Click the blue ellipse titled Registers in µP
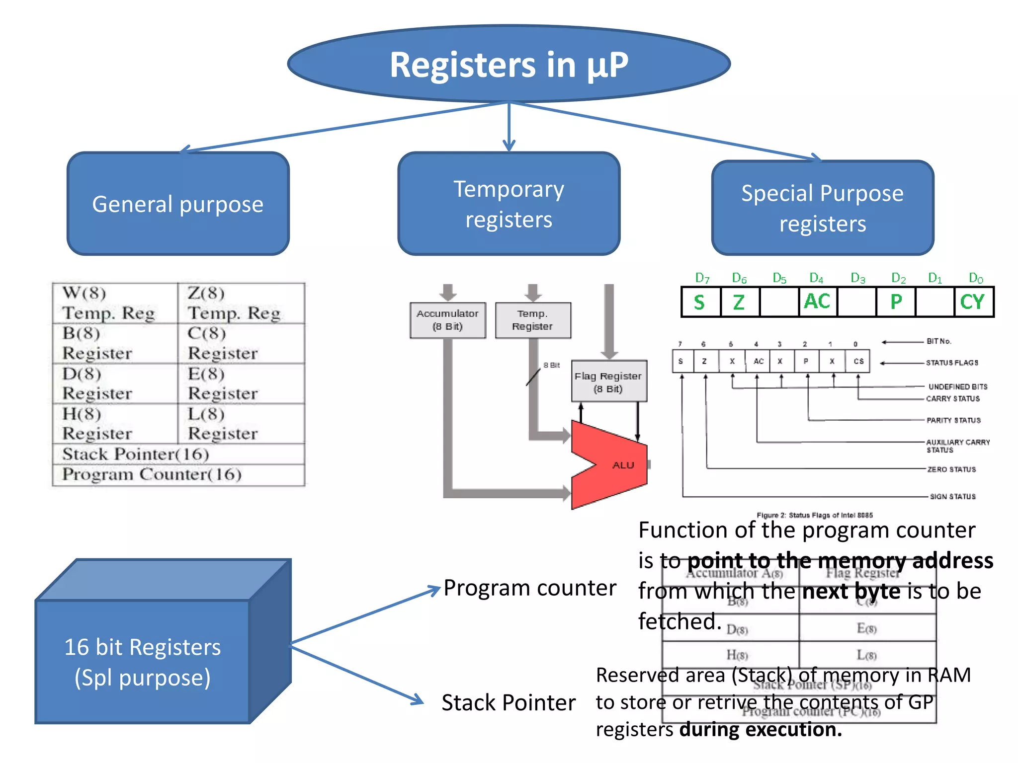tap(509, 65)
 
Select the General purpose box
tap(178, 204)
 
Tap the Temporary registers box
tap(509, 204)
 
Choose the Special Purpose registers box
tap(822, 208)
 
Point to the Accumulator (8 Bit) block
tap(447, 320)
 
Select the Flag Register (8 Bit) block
tap(608, 381)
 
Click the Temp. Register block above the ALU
tap(533, 320)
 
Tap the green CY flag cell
tap(973, 302)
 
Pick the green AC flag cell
tap(818, 302)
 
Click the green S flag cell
tap(700, 302)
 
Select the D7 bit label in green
tap(702, 278)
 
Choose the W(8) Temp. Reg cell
tap(115, 303)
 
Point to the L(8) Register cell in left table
tap(241, 424)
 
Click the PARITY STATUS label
tap(953, 420)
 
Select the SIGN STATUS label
tap(952, 496)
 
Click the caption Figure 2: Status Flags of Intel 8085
tap(814, 515)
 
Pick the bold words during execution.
tap(761, 729)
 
